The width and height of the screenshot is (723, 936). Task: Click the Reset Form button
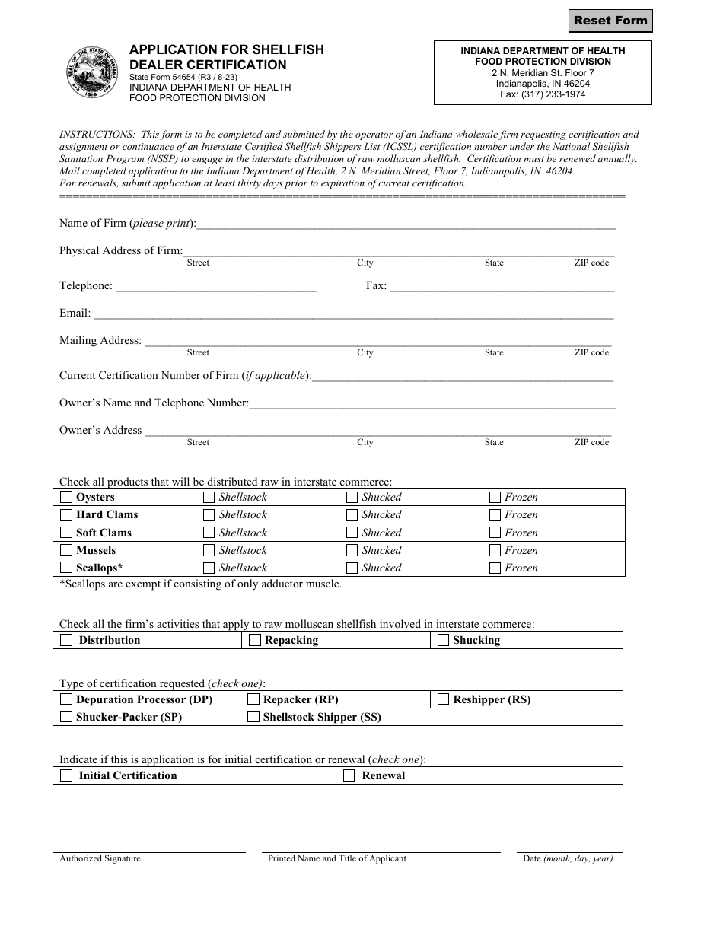point(610,21)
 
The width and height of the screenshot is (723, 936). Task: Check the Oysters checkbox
point(67,498)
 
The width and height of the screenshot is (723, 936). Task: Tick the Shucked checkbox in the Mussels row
point(352,550)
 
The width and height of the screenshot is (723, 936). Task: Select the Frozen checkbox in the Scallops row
point(495,568)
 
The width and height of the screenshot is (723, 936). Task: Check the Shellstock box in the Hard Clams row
point(209,515)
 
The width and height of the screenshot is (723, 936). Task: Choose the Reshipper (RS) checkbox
point(444,699)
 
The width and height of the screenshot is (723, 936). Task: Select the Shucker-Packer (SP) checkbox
point(67,717)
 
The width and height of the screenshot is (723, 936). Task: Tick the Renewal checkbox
point(349,776)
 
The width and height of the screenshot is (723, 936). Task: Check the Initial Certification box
point(67,776)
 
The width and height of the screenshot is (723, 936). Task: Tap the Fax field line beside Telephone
point(502,288)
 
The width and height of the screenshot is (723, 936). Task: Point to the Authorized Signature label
point(100,858)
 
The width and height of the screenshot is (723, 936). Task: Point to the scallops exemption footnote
point(201,584)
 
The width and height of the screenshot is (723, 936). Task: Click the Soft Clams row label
point(104,533)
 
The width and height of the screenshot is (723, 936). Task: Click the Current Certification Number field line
point(463,377)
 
